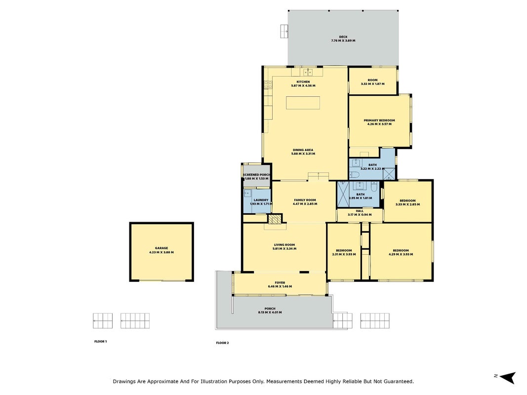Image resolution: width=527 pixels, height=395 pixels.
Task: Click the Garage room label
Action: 162,250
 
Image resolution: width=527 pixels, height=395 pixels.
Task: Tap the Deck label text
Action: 343,39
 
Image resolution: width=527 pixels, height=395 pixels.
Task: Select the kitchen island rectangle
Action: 303,103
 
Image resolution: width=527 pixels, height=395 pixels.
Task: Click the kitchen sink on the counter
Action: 308,72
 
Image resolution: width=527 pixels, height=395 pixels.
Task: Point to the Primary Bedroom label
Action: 379,122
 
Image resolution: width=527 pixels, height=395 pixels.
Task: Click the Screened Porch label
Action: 256,176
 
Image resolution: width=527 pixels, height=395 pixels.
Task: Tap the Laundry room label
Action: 261,202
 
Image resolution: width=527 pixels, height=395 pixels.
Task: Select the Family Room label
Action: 305,202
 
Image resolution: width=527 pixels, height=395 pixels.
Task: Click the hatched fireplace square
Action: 274,219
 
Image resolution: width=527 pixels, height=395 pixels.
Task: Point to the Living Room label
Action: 284,247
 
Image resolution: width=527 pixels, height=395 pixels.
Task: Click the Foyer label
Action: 280,284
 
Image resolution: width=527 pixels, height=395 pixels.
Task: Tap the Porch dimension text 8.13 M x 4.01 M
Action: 270,313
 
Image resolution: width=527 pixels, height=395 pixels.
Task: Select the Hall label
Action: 359,213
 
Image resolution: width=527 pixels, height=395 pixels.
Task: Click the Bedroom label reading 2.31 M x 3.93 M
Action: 344,252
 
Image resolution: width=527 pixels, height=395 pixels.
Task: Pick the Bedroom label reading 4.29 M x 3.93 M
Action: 401,252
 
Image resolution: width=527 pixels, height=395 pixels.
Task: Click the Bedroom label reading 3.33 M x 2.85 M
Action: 407,202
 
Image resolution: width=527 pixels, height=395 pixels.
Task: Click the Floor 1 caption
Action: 100,342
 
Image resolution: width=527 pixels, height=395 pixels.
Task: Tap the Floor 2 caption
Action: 222,343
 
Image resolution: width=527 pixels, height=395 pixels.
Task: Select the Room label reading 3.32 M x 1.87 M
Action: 372,82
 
